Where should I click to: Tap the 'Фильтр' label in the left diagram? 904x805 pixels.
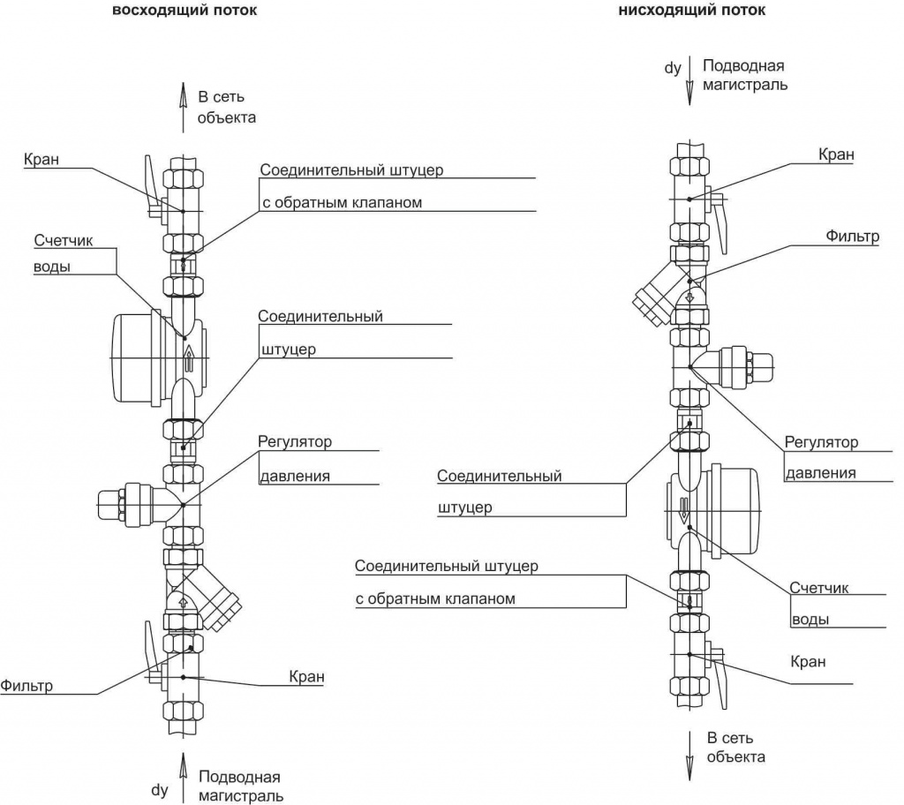tap(26, 685)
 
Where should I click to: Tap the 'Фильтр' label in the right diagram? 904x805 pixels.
tap(853, 237)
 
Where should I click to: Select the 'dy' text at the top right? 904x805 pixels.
tap(674, 66)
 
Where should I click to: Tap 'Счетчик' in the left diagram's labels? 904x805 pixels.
tap(64, 240)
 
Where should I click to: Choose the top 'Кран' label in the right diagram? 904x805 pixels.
tap(836, 154)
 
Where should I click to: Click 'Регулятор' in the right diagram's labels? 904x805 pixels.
tap(821, 442)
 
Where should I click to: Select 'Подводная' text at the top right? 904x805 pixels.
tap(743, 66)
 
